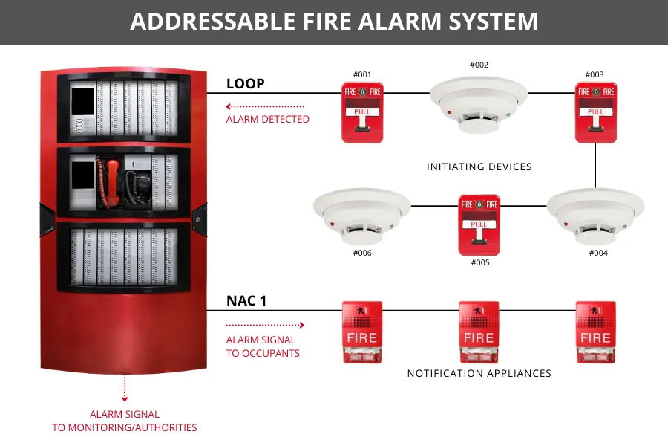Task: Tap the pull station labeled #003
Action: [x=595, y=112]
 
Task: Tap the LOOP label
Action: [x=245, y=83]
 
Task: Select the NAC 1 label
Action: [x=246, y=301]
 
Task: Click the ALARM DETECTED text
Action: [x=267, y=119]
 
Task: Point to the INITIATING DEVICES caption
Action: [x=479, y=167]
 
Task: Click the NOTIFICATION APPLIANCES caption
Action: [x=479, y=373]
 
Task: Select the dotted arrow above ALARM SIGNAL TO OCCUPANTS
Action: [x=265, y=325]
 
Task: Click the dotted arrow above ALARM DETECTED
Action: [x=265, y=106]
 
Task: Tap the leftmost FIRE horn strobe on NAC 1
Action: [x=361, y=332]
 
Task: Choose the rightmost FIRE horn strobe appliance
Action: [x=595, y=332]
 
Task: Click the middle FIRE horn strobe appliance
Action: [x=479, y=332]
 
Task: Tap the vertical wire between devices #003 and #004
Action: [x=595, y=165]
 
